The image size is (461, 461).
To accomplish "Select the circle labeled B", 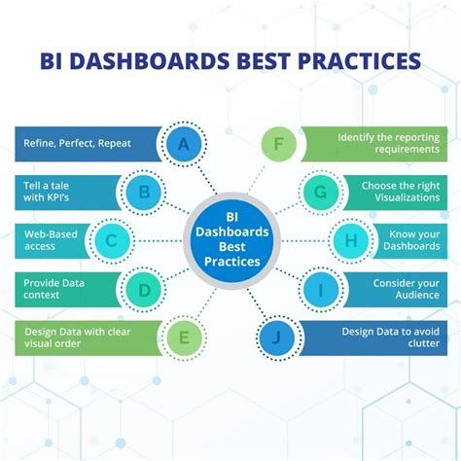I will click(x=144, y=192).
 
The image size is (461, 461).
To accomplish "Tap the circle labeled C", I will click(x=112, y=239).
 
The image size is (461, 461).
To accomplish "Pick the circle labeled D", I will click(x=144, y=289).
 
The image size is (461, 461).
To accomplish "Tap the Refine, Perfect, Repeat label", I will click(x=77, y=144).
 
